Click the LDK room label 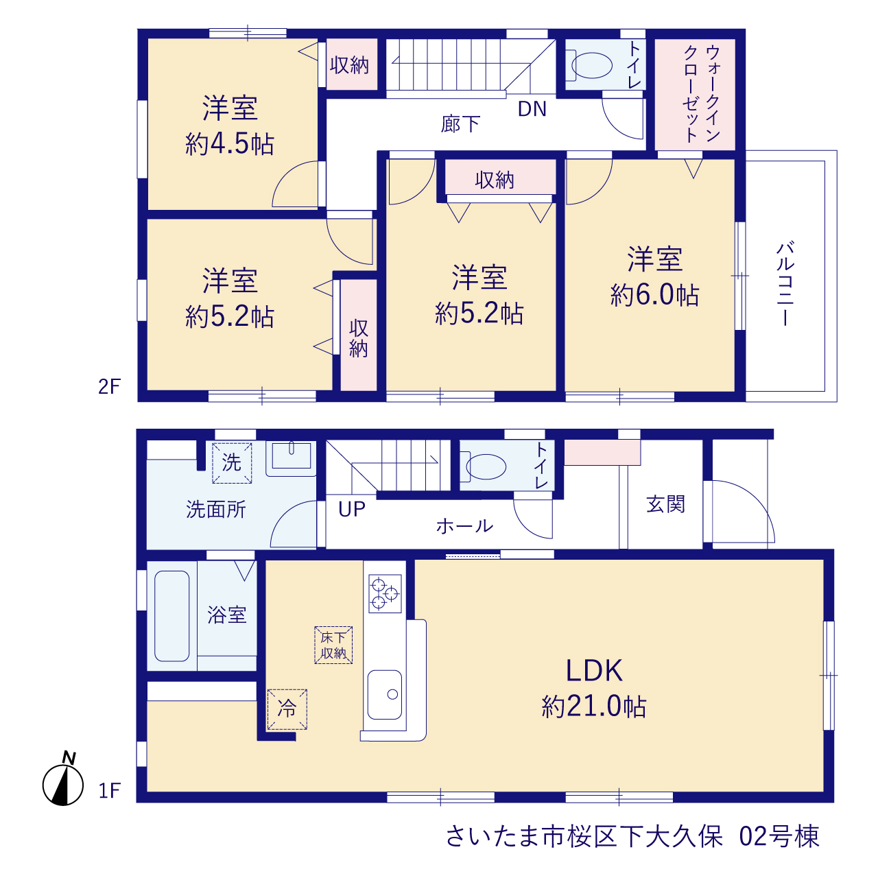[594, 670]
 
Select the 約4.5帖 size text [230, 144]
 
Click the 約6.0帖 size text [654, 295]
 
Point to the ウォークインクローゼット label [702, 94]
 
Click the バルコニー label [785, 284]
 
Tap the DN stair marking [532, 109]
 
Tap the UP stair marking [352, 510]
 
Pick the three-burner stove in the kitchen [385, 594]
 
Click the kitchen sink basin [385, 694]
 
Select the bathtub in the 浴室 [171, 616]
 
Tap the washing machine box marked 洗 [232, 463]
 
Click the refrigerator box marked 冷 [287, 709]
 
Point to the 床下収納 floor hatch [333, 645]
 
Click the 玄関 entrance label [665, 504]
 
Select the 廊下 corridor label [461, 124]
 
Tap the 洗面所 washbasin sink [291, 458]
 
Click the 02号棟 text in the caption [779, 837]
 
